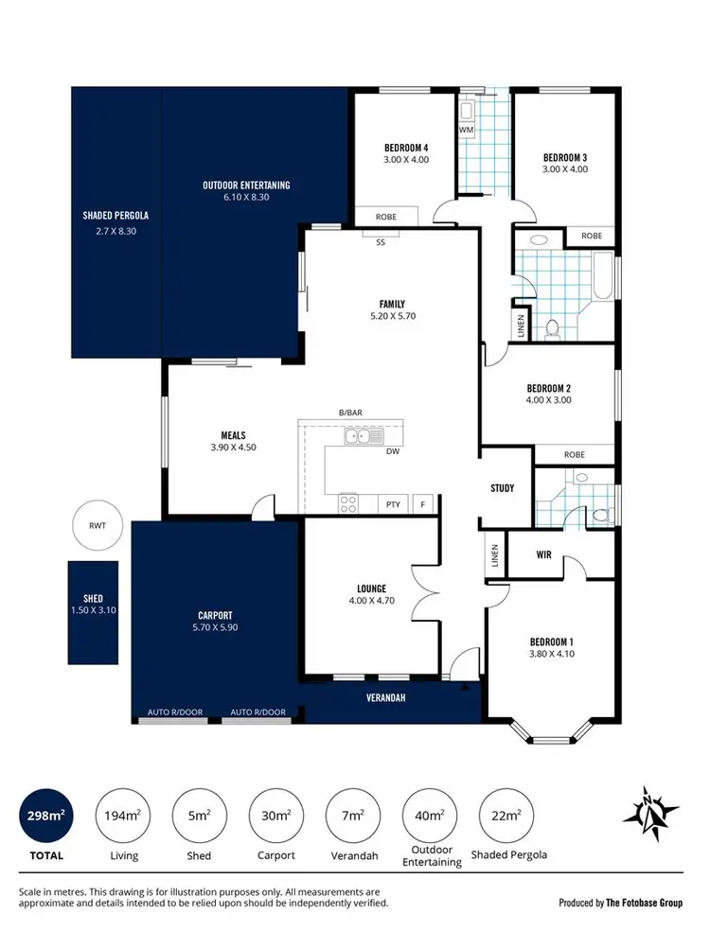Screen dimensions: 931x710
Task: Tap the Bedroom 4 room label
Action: click(x=406, y=148)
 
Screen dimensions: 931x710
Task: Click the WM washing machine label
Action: click(x=466, y=129)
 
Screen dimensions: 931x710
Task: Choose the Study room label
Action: click(x=502, y=488)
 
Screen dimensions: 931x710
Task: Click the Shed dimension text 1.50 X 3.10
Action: click(x=93, y=611)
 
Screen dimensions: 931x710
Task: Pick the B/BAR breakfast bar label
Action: click(x=350, y=413)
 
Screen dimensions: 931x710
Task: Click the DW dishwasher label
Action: click(x=392, y=451)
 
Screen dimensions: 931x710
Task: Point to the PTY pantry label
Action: click(x=393, y=504)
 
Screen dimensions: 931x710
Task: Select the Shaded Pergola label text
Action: click(x=115, y=215)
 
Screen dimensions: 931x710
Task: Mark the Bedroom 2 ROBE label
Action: click(x=574, y=455)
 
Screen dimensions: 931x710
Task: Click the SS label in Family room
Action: click(x=381, y=242)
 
